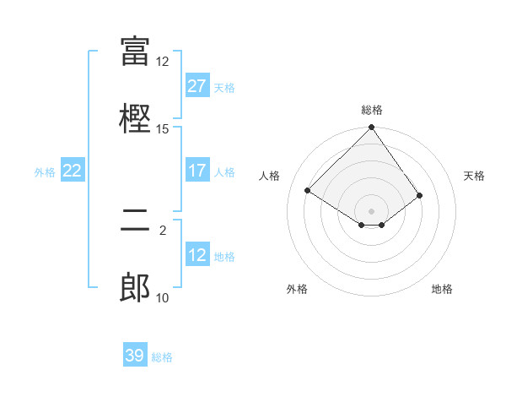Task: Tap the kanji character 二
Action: pyautogui.click(x=135, y=220)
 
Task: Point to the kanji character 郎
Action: pyautogui.click(x=135, y=288)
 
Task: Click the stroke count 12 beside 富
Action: pyautogui.click(x=163, y=62)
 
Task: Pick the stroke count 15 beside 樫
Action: pyautogui.click(x=163, y=129)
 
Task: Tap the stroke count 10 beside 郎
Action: pyautogui.click(x=163, y=298)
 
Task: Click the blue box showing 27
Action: pyautogui.click(x=197, y=86)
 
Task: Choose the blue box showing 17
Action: pyautogui.click(x=197, y=171)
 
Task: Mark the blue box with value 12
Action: pyautogui.click(x=197, y=255)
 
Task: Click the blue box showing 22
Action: pyautogui.click(x=73, y=171)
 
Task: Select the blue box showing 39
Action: pyautogui.click(x=135, y=356)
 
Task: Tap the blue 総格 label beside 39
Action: pyautogui.click(x=162, y=357)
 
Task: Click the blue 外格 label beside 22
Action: pyautogui.click(x=45, y=172)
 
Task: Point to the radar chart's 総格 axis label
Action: pyautogui.click(x=372, y=110)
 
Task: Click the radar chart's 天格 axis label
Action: pyautogui.click(x=474, y=176)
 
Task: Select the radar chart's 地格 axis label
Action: pyautogui.click(x=442, y=289)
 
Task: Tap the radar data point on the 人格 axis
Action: pyautogui.click(x=308, y=190)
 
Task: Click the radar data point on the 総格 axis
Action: pyautogui.click(x=372, y=128)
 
